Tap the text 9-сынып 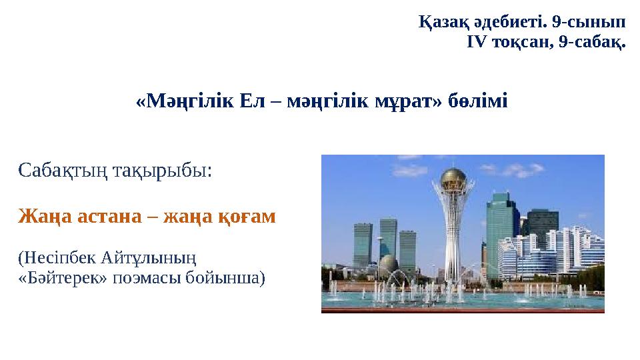[x=589, y=22]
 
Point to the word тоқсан [x=523, y=42]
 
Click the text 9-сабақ [x=592, y=42]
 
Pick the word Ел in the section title [x=252, y=101]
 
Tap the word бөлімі [x=478, y=101]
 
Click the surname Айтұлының [x=149, y=259]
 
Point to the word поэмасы [x=147, y=279]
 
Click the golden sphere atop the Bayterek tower [x=453, y=179]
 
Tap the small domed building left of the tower [x=389, y=264]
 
